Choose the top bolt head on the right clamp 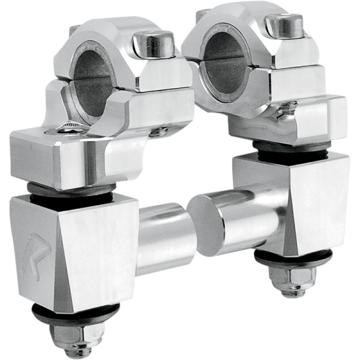pyautogui.click(x=286, y=25)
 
